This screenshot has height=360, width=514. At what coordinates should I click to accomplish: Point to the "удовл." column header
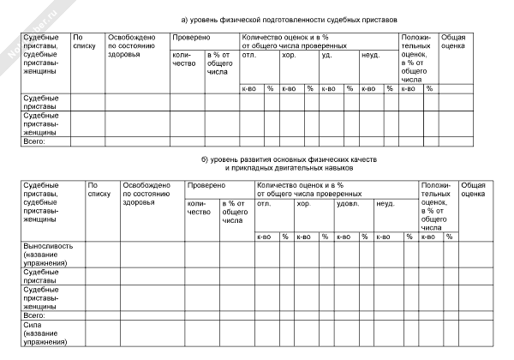click(347, 203)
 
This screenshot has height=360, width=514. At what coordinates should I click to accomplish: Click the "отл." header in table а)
click(250, 55)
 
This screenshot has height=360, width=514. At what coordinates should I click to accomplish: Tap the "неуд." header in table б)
click(385, 203)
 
